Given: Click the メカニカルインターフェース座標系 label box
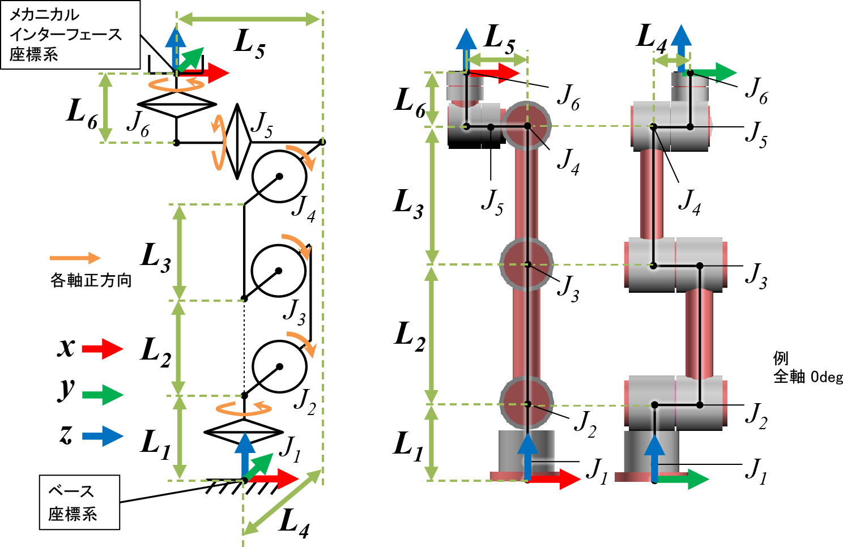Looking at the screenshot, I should coord(70,35).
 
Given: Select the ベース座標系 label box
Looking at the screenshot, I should coord(79,502).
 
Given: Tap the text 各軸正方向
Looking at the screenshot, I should coord(91,280).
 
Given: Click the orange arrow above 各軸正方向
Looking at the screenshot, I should coord(75,258).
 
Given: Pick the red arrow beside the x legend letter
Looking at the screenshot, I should coord(103,348).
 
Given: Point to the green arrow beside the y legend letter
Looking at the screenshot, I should coord(103,394).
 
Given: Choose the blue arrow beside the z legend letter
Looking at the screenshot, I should coord(103,436).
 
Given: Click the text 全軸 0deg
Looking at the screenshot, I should coord(808,377).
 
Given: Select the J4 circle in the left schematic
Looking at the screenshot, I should coord(279,176).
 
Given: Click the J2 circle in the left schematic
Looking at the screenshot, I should coord(279,366).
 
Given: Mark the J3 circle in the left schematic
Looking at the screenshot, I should coord(279,271).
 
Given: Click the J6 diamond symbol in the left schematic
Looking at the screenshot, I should coord(177,104).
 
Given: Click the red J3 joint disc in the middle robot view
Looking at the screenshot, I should coord(527,264).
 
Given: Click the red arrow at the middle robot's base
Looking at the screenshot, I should coord(557,479).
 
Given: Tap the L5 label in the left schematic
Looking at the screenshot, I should coord(250,43).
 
